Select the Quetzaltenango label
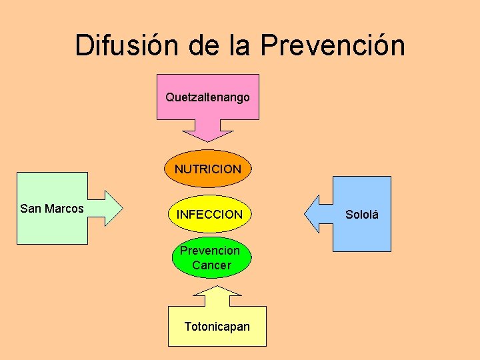[207, 97]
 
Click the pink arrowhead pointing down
[207, 132]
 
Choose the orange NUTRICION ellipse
[208, 169]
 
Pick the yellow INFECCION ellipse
[209, 215]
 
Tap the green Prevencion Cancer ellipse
[210, 257]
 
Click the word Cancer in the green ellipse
[211, 265]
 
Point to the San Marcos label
[52, 209]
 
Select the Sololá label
[362, 215]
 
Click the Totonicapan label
[217, 326]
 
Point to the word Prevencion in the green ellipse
[210, 251]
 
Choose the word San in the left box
[31, 209]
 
